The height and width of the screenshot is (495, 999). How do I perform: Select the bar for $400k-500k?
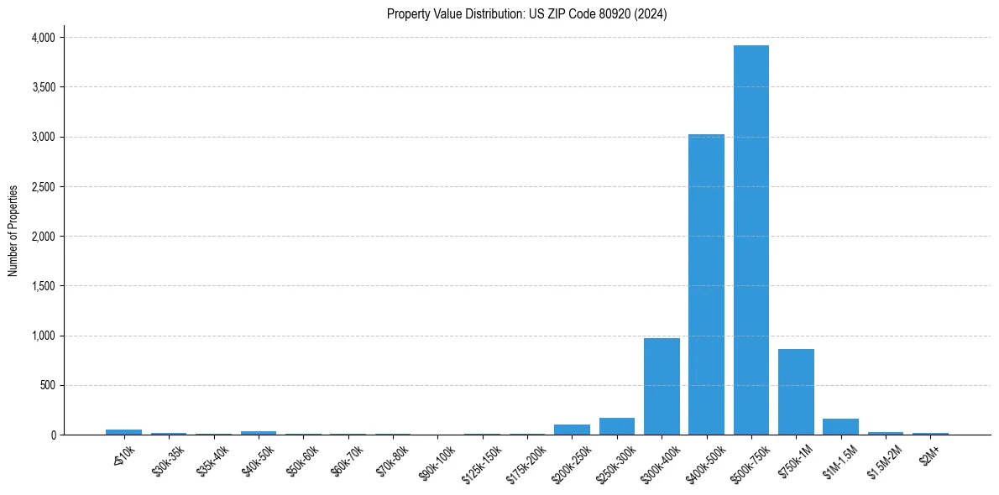tap(706, 284)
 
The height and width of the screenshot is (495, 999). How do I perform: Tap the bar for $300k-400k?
tap(662, 386)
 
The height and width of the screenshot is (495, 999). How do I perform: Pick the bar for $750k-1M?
tap(796, 392)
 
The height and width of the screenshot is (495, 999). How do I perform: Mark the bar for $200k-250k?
tap(572, 430)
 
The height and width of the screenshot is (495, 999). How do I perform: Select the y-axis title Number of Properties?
tap(13, 231)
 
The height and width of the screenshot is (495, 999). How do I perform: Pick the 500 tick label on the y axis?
tap(48, 385)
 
